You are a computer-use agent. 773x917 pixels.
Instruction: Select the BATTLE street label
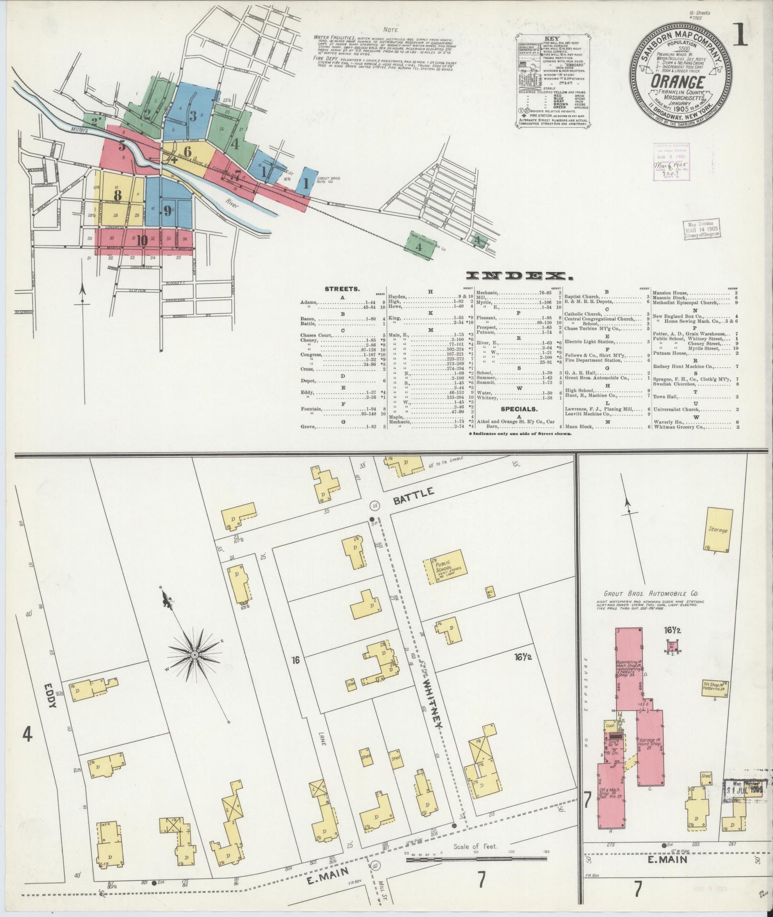click(415, 493)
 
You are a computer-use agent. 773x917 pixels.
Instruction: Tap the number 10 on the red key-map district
click(141, 241)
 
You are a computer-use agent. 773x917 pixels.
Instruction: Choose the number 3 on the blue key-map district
click(193, 116)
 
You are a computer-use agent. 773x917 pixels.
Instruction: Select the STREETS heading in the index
click(343, 289)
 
